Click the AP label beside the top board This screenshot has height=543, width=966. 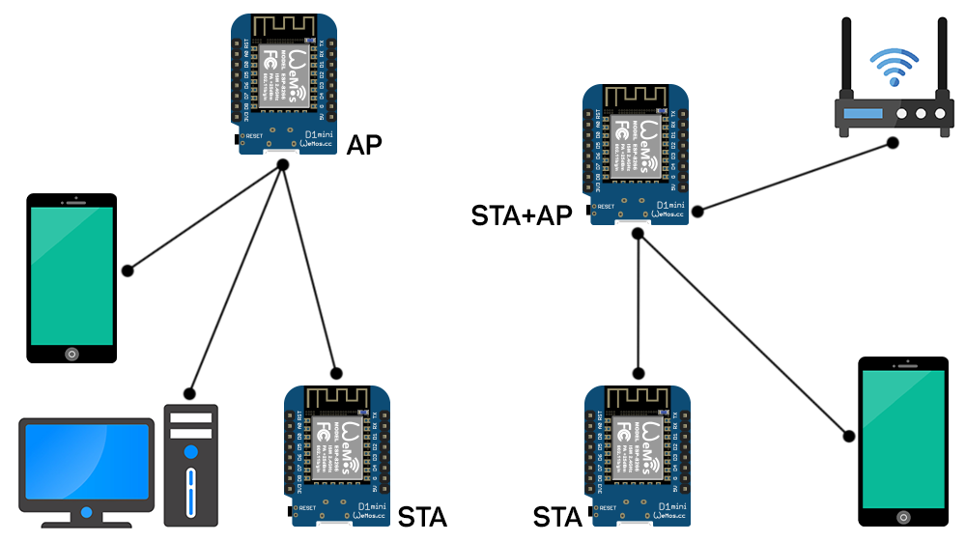364,145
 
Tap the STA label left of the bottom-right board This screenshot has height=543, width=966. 557,518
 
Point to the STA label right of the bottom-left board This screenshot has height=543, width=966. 422,518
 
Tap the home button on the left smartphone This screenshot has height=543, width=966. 71,353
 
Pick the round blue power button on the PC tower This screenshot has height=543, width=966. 191,451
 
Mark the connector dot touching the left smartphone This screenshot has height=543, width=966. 128,271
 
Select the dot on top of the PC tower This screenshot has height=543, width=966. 189,393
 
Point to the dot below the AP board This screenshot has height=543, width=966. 283,166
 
